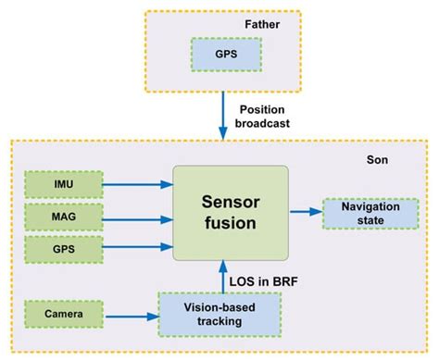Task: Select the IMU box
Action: (x=64, y=183)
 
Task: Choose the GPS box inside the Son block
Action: (x=64, y=250)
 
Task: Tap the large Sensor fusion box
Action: (x=232, y=214)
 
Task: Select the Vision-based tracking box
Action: (x=204, y=315)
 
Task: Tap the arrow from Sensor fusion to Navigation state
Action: (x=305, y=212)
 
